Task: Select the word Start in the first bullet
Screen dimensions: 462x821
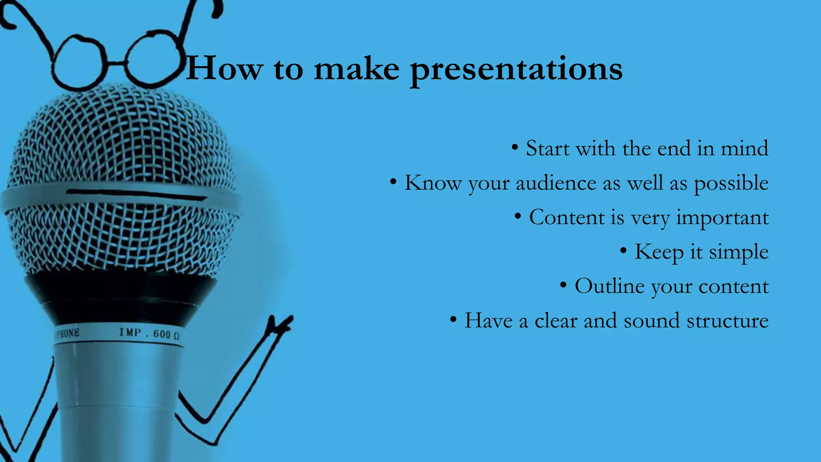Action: [x=548, y=149]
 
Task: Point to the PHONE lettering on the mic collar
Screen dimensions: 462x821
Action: [x=67, y=333]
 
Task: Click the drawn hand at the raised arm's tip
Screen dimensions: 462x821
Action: [x=281, y=324]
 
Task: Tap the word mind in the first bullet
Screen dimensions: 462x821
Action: [x=744, y=149]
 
